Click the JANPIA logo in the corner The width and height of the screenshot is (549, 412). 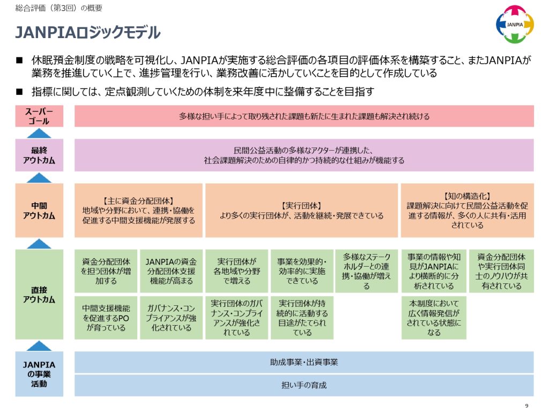(515, 24)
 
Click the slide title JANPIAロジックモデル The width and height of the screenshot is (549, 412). (88, 33)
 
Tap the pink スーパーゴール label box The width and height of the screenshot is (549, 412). (39, 116)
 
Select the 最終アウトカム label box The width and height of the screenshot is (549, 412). (39, 155)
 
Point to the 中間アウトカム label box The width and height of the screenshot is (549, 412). (39, 210)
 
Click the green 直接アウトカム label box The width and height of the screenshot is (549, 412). (39, 295)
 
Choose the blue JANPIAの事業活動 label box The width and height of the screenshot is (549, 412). (39, 374)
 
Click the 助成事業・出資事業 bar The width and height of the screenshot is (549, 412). (304, 362)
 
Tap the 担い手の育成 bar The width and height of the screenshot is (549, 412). (304, 385)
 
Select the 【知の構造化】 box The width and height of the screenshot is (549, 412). (468, 210)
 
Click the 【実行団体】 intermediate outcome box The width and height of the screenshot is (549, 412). (301, 210)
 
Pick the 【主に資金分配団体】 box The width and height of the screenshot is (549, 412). (138, 210)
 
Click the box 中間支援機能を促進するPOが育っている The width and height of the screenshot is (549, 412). (106, 318)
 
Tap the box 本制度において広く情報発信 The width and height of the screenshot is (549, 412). (434, 318)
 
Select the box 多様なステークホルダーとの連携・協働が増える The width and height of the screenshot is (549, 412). (367, 271)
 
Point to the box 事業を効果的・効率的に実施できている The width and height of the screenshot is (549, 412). (302, 271)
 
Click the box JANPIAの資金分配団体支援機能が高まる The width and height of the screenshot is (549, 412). (171, 271)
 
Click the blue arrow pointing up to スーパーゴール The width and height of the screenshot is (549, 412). (39, 133)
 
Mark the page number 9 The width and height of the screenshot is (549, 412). (526, 406)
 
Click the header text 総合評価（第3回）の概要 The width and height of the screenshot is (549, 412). (59, 8)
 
